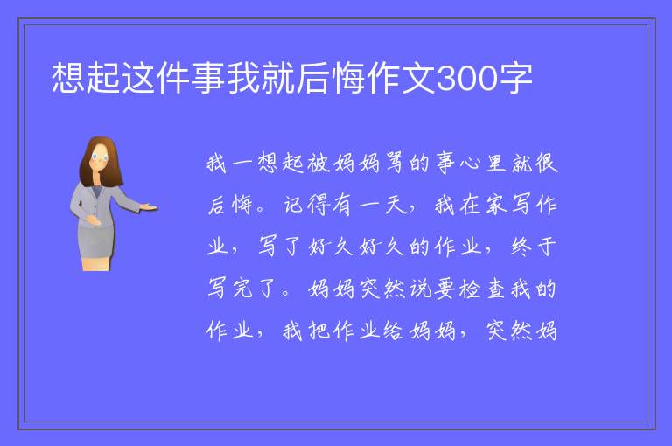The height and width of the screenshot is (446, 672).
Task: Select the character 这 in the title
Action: (138, 79)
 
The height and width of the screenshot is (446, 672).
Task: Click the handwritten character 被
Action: (318, 163)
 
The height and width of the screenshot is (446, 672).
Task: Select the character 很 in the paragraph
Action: (546, 163)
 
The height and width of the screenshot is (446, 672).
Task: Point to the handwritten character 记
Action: (294, 205)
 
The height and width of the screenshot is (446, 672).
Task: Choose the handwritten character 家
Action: (496, 205)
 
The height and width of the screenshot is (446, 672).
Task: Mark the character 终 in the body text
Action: (521, 247)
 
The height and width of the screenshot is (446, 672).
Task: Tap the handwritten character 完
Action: (243, 289)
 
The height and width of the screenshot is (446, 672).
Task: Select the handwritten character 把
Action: (318, 331)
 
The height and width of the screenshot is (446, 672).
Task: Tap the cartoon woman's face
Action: (100, 157)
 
